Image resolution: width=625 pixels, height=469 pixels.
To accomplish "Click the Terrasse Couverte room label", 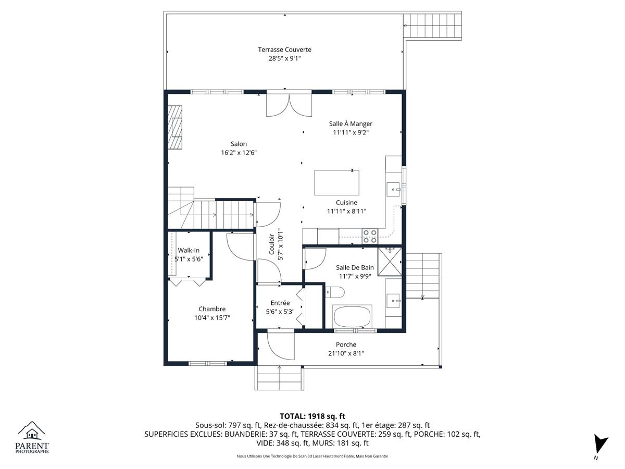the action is coord(284,50).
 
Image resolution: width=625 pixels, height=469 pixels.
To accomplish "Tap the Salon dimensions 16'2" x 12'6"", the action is coord(239,153).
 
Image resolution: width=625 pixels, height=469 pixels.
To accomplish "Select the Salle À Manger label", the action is coord(351,124).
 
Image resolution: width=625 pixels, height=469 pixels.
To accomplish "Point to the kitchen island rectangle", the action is coord(336,182).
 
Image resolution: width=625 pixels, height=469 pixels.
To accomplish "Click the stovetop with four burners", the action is coord(370,237).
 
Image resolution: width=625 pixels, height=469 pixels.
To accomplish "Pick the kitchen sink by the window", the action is coord(394,189).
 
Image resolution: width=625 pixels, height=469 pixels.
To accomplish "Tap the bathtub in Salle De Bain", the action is coord(352,317).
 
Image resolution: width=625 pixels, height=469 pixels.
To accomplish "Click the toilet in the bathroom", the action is coord(335,292).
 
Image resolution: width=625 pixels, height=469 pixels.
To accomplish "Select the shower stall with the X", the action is coord(390,262).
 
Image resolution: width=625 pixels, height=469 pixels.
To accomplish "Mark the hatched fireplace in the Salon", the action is coord(174,127).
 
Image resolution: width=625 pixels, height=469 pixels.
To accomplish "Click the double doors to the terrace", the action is coord(289,105).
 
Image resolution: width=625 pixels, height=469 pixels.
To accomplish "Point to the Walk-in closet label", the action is coord(189,250).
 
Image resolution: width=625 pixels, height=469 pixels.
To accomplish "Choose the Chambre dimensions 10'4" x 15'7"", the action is coord(212,318).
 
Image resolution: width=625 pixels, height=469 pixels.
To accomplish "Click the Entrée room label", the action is coord(280,303).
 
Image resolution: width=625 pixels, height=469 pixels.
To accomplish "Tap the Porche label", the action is coord(346,344).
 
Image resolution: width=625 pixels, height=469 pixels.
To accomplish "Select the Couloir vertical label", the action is coord(271,244).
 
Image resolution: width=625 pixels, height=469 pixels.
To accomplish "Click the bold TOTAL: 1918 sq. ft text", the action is coord(312,416).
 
